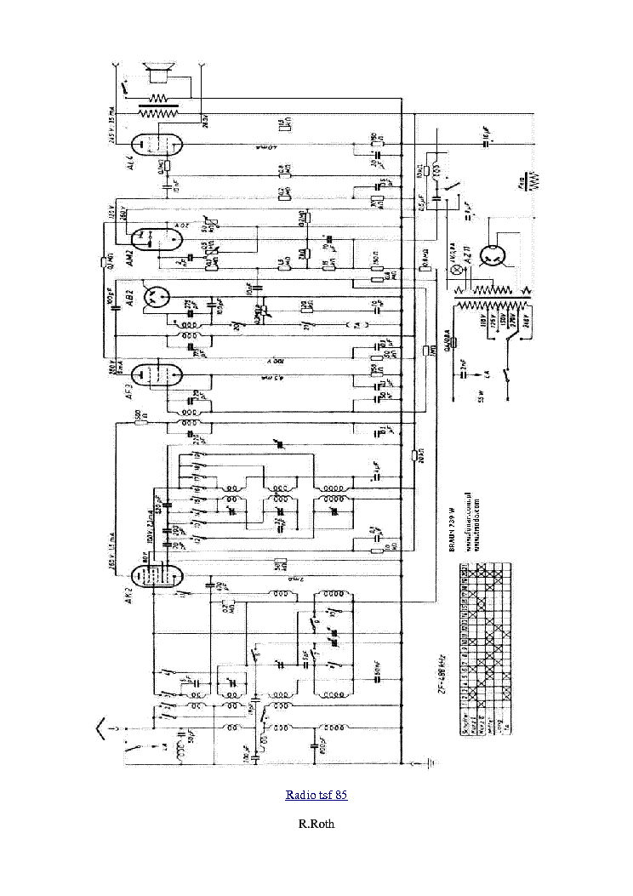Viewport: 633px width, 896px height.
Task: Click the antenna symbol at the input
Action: coord(105,726)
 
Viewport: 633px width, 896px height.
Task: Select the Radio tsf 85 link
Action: coord(316,795)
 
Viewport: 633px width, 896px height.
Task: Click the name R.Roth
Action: coord(316,824)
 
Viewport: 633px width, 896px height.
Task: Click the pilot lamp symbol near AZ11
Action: coord(453,269)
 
